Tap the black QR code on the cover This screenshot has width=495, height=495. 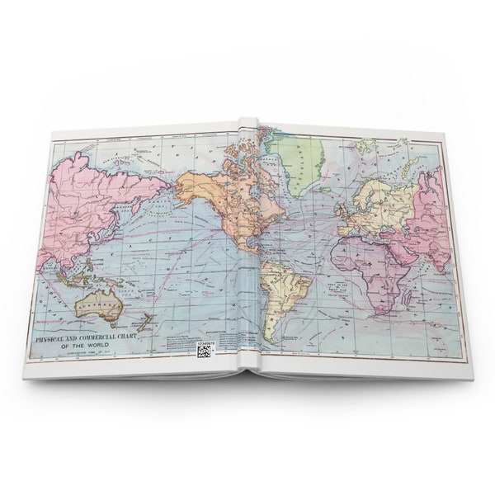203,351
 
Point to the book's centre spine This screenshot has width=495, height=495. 251,247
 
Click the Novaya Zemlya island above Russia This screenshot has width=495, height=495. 408,153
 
